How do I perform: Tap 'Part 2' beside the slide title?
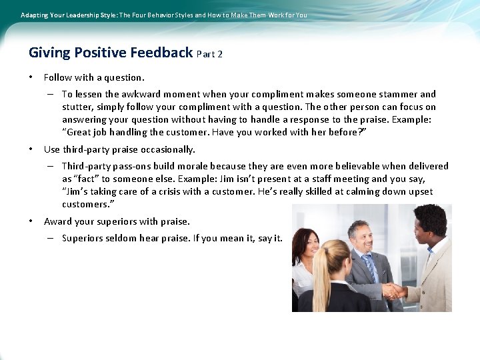click(210, 54)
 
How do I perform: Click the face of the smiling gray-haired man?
click(360, 239)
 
